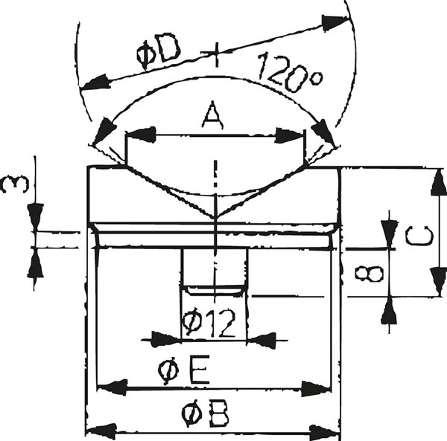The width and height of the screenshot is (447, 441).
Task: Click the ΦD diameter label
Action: (x=159, y=53)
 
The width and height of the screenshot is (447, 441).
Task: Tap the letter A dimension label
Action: (x=212, y=116)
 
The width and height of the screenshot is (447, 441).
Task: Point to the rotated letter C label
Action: (x=419, y=236)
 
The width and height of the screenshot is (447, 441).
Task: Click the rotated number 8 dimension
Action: (x=370, y=274)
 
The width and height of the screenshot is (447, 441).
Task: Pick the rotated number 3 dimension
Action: (x=15, y=184)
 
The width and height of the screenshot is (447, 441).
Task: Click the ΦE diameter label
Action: (x=184, y=370)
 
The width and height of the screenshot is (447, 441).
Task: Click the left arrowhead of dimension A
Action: (x=141, y=135)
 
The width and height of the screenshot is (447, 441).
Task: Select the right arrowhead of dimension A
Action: (x=289, y=135)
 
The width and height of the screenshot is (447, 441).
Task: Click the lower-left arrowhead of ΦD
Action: (x=95, y=82)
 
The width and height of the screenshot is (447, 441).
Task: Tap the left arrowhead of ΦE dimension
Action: (x=112, y=387)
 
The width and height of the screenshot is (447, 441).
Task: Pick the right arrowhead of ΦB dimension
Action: (x=325, y=433)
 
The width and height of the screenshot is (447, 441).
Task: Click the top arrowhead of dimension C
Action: (x=438, y=181)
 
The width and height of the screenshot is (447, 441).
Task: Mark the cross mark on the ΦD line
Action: (x=216, y=54)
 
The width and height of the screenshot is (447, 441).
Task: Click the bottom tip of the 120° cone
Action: (x=215, y=219)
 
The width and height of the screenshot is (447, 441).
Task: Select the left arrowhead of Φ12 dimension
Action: (x=166, y=339)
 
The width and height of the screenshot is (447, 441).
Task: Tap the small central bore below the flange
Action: (x=215, y=268)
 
